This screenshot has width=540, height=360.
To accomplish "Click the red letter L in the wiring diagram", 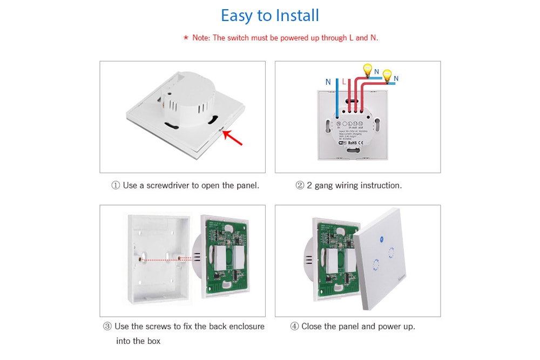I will (x=344, y=82).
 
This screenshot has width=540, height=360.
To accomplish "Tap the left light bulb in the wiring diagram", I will (x=368, y=69).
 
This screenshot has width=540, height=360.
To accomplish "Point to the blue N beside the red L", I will (x=328, y=82).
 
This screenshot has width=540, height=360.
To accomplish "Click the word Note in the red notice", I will (x=201, y=38).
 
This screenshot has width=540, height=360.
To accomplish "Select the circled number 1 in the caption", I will (x=115, y=186).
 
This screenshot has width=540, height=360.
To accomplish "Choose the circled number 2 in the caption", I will (x=300, y=186).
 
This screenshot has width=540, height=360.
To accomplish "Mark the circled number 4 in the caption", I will (x=294, y=327).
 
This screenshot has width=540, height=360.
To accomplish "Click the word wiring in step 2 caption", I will (x=346, y=186).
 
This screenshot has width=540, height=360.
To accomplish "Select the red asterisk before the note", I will (x=186, y=38).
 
